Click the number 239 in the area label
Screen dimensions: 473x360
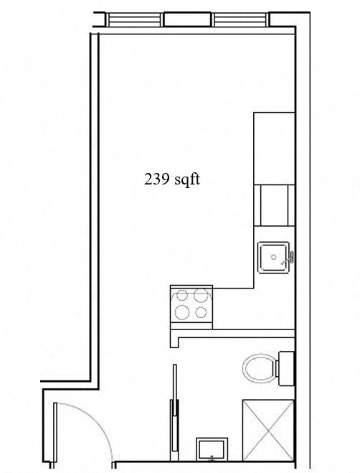click(157, 179)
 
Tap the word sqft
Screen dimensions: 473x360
click(186, 180)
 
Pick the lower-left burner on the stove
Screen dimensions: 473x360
click(182, 312)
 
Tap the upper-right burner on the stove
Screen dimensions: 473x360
click(201, 295)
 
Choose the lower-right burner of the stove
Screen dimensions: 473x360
click(201, 312)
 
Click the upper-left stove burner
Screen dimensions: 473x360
click(182, 295)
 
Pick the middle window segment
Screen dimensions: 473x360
click(187, 20)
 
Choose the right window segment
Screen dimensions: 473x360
click(240, 20)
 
